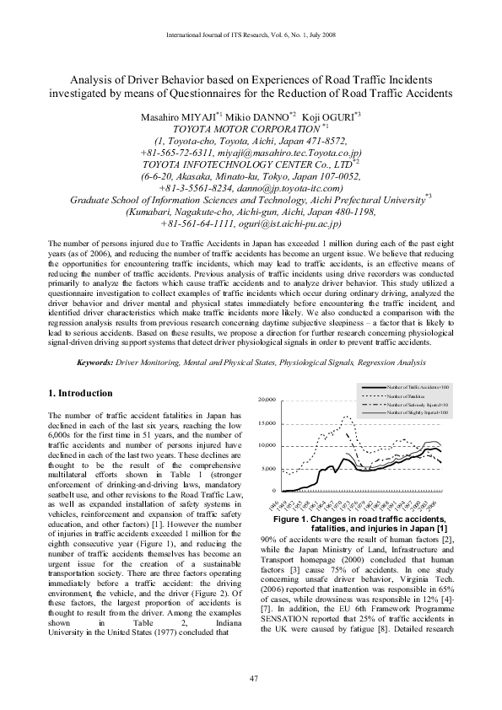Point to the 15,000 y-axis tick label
267,423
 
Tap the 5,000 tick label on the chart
269,468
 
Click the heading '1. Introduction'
80,394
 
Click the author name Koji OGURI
330,115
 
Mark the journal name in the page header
251,35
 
